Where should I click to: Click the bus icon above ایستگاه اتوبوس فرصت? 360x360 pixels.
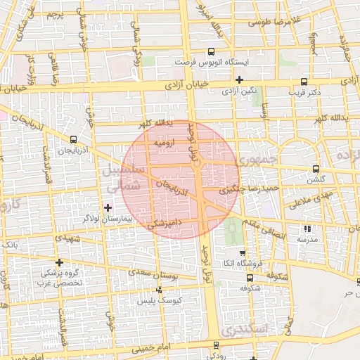(x=212, y=52)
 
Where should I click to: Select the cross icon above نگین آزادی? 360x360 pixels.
(x=239, y=79)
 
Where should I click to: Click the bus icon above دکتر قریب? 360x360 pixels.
(x=304, y=81)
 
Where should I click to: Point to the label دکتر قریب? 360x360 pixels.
(x=304, y=91)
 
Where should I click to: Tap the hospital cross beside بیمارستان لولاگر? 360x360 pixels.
(x=108, y=207)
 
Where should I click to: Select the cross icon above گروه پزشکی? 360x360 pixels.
(x=59, y=262)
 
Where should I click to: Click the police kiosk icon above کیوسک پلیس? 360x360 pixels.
(x=160, y=290)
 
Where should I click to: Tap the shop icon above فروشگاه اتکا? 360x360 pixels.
(x=243, y=252)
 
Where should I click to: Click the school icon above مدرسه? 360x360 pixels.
(x=307, y=229)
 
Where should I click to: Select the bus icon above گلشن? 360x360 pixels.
(x=315, y=169)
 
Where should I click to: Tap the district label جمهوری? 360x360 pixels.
(x=259, y=161)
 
